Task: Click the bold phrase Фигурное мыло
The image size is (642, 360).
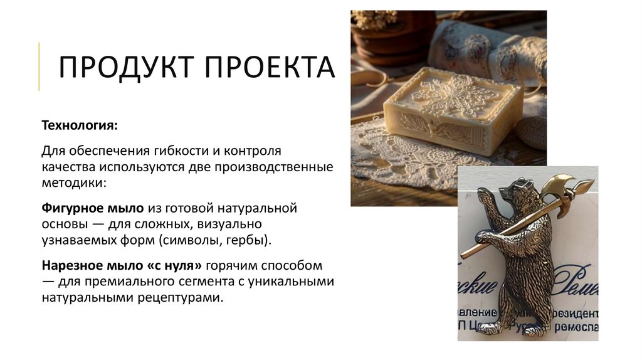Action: pos(93,207)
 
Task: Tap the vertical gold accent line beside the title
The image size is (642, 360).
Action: pos(39,66)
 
